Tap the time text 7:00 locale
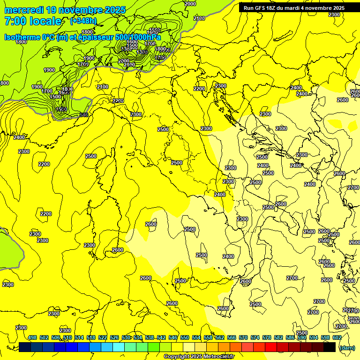33,21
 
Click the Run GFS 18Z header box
294,7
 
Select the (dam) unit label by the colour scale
347,348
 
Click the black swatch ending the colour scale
330,346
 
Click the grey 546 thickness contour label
84,115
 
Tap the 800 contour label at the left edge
4,83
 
